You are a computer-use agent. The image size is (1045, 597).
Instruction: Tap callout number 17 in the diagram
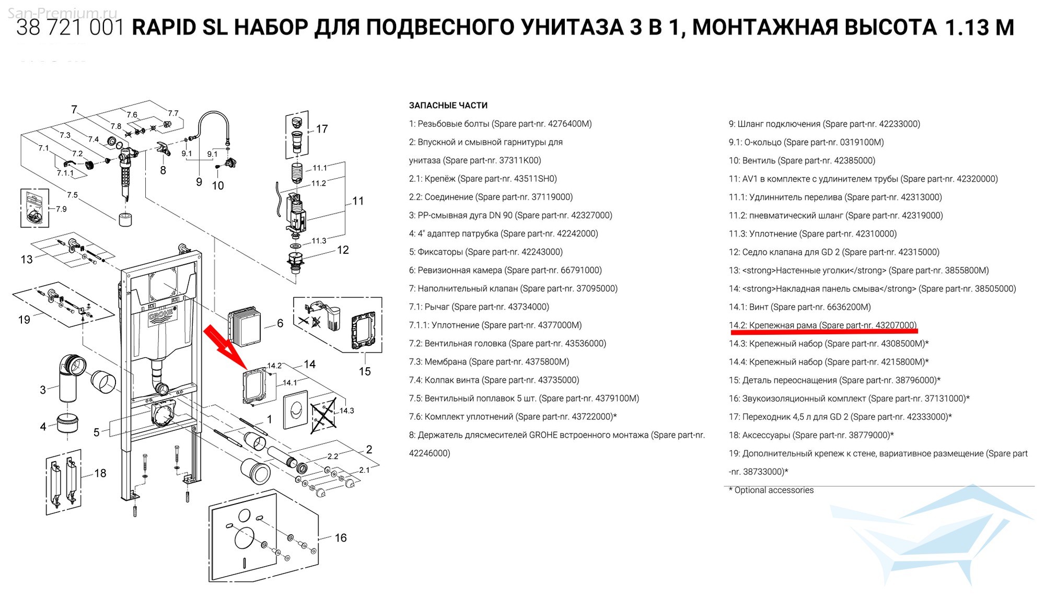point(322,128)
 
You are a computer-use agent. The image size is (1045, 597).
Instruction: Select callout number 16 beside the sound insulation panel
point(341,537)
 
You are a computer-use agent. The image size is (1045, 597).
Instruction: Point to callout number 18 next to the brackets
point(100,473)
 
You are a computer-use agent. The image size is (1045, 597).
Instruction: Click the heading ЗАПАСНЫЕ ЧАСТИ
point(448,106)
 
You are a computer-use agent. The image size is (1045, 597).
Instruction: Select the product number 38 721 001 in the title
point(70,27)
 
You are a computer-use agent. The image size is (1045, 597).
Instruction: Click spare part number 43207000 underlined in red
point(895,325)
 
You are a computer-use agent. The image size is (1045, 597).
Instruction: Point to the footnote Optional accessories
point(774,490)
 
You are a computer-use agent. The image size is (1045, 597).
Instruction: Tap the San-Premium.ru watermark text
point(62,13)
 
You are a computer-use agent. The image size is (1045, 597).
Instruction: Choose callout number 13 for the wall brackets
point(27,260)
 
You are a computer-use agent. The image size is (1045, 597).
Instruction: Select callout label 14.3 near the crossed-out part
point(346,411)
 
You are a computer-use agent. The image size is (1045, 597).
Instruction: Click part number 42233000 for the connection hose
point(898,124)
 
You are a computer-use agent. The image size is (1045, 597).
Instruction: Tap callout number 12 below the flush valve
point(343,250)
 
